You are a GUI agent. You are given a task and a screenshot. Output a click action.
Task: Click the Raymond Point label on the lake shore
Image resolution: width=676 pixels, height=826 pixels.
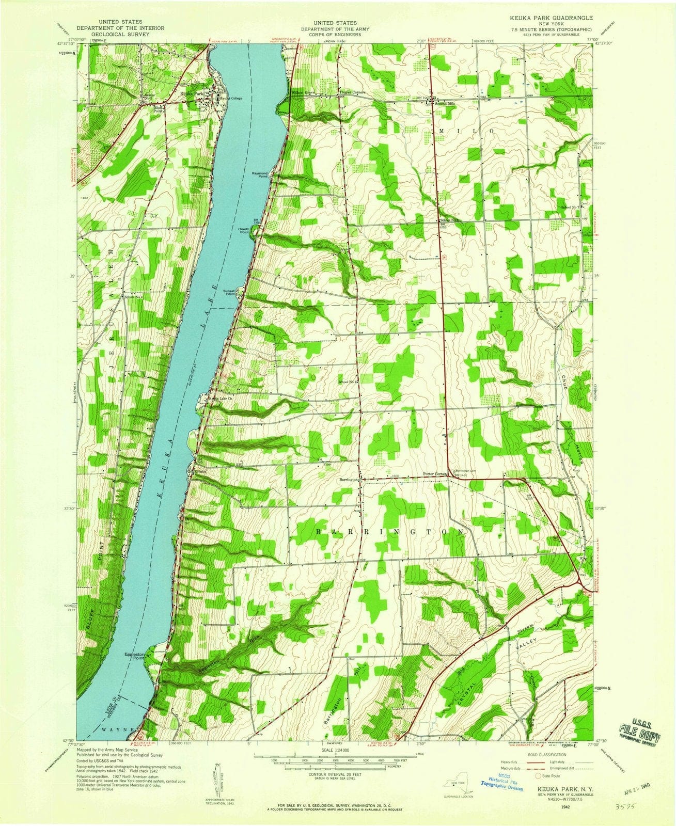click(x=260, y=174)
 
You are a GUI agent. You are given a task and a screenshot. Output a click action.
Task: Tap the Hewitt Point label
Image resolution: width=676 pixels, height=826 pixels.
click(x=244, y=230)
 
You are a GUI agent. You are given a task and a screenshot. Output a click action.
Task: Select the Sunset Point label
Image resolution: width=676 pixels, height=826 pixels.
click(x=229, y=292)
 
